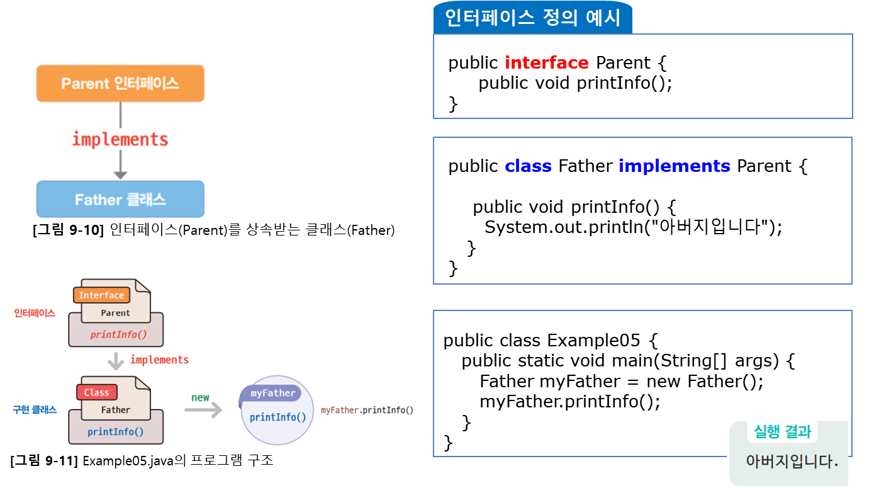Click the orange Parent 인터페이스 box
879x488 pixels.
pos(120,83)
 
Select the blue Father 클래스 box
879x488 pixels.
pos(120,200)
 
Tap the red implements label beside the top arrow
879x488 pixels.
pos(120,139)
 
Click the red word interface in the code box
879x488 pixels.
pos(546,63)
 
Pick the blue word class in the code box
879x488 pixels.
pos(528,166)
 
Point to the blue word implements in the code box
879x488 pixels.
pos(674,166)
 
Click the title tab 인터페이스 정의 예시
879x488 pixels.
pos(532,18)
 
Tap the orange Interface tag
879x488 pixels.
pos(101,295)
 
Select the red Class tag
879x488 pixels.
pos(96,392)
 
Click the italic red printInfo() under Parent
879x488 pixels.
pos(118,334)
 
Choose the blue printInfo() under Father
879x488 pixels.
pos(116,431)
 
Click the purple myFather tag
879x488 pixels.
pos(272,394)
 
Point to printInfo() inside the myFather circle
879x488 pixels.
pos(277,417)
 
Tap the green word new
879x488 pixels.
pos(200,397)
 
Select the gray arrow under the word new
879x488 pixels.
pos(203,410)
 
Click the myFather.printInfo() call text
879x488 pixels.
pos(367,410)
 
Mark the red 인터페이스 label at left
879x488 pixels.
pos(35,313)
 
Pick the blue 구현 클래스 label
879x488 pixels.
pos(35,410)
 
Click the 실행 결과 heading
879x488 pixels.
pos(782,432)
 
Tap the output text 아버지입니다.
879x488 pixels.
pos(792,462)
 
